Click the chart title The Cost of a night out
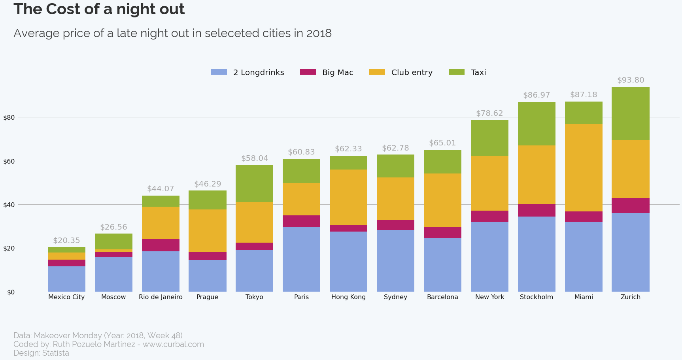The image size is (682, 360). pyautogui.click(x=99, y=9)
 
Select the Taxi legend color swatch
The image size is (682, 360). pyautogui.click(x=456, y=72)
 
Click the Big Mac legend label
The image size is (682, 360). pyautogui.click(x=337, y=72)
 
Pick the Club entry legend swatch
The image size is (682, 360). pyautogui.click(x=377, y=72)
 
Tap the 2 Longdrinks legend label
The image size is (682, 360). pyautogui.click(x=258, y=72)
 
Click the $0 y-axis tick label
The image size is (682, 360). pyautogui.click(x=11, y=292)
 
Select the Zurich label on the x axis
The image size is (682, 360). pyautogui.click(x=630, y=297)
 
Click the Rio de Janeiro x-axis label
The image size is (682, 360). pyautogui.click(x=161, y=297)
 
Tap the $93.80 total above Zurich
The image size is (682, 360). pyautogui.click(x=630, y=80)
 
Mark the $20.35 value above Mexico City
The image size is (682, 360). pyautogui.click(x=66, y=241)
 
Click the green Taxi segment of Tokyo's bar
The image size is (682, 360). pyautogui.click(x=254, y=183)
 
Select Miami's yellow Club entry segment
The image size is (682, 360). pyautogui.click(x=584, y=168)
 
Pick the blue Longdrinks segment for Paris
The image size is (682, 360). pyautogui.click(x=301, y=259)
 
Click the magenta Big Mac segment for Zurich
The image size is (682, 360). pyautogui.click(x=630, y=205)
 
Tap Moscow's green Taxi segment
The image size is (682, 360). pyautogui.click(x=113, y=241)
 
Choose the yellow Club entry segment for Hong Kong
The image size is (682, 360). pyautogui.click(x=348, y=197)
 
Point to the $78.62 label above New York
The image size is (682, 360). pyautogui.click(x=489, y=113)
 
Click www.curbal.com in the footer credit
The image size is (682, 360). pyautogui.click(x=173, y=344)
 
